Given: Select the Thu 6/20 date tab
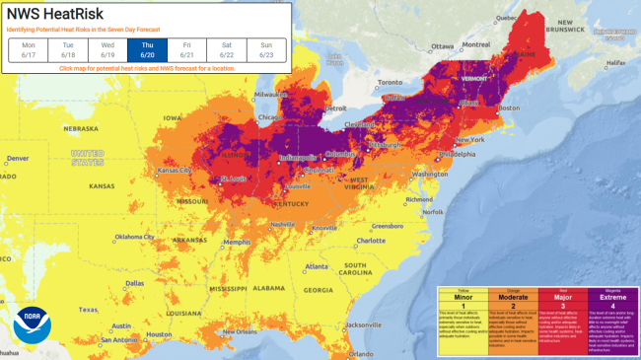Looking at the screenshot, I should (147, 50).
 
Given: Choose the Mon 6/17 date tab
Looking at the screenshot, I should (29, 50).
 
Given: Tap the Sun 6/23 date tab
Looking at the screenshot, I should (265, 50).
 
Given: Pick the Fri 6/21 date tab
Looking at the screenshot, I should (186, 50).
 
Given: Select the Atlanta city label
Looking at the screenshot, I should (316, 266).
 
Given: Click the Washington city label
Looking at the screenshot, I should (430, 174).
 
